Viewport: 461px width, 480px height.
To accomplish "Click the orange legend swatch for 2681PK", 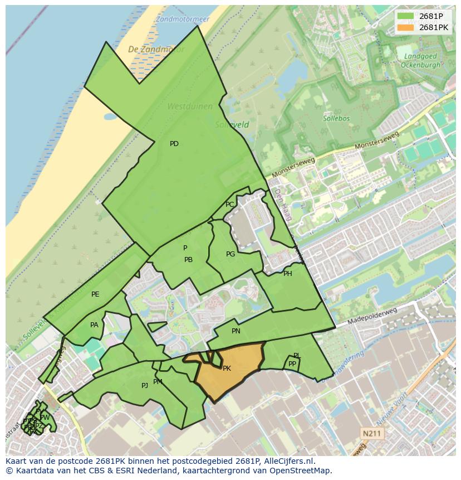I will click(x=407, y=27).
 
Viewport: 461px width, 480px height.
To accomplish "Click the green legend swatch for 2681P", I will click(x=407, y=16).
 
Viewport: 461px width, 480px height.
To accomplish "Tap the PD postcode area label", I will click(x=174, y=144).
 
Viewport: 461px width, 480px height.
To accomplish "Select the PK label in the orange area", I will click(x=227, y=369).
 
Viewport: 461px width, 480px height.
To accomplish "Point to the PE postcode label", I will click(x=95, y=294).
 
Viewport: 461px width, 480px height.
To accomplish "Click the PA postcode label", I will click(x=94, y=325).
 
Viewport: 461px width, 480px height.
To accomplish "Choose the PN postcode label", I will click(x=236, y=331).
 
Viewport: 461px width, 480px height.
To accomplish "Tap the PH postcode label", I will click(x=288, y=274).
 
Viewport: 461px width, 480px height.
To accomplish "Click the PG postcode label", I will click(x=230, y=254).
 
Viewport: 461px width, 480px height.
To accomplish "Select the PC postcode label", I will click(x=230, y=205).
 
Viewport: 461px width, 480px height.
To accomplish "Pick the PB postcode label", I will click(x=188, y=260).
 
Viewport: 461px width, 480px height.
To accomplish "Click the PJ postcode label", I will click(x=145, y=385).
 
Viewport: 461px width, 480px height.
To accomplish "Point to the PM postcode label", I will click(x=158, y=382).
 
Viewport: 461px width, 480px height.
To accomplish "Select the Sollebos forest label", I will click(x=335, y=119).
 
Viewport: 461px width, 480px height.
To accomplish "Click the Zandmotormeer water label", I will click(x=183, y=19).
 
